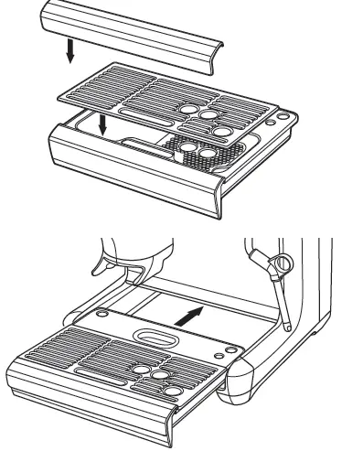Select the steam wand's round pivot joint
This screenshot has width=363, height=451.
click(277, 265)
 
